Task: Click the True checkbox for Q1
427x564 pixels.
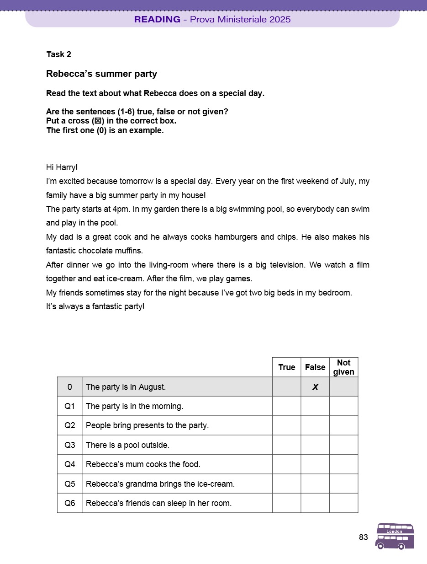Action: point(286,406)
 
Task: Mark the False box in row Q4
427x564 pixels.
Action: point(315,464)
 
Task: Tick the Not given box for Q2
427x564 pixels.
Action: point(343,425)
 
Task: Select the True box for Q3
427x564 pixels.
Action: point(286,445)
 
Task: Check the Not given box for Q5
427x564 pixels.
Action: point(343,483)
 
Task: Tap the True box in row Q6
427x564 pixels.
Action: point(286,503)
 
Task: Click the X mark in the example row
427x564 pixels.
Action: point(315,387)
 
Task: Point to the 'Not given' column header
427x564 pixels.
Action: point(343,367)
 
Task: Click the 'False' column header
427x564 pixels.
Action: point(315,367)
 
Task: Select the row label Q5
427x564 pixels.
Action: point(69,483)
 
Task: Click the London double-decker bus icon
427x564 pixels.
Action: point(395,536)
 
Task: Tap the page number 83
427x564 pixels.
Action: point(364,537)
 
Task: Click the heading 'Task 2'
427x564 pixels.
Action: point(59,54)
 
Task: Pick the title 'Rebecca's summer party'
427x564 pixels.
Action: point(101,74)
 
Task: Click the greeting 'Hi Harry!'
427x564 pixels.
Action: point(62,167)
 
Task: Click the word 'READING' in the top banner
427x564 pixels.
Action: point(157,19)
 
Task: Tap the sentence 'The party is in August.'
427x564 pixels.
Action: point(126,387)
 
